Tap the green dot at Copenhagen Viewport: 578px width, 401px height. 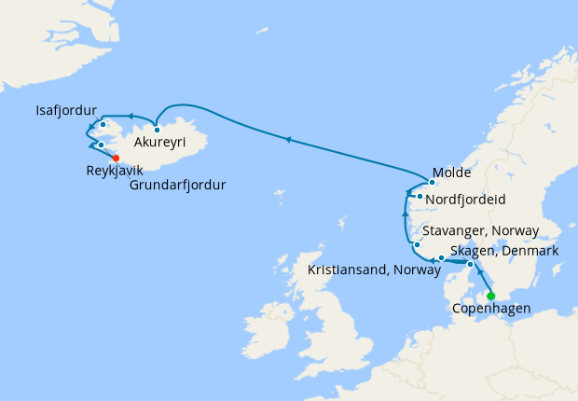coord(491,297)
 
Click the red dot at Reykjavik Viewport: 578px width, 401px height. coord(116,158)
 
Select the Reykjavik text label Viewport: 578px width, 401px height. coord(115,172)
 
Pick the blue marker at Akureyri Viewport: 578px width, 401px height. coord(158,130)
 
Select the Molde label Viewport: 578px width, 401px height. coord(452,173)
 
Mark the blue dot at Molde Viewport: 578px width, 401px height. coord(432,183)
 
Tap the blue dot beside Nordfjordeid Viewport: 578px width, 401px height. coord(420,197)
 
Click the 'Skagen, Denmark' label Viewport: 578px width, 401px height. coord(503,251)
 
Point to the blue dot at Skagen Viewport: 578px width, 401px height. coord(470,265)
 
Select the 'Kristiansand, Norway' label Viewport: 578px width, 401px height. coord(373,270)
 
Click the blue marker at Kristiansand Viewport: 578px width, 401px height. coord(441,257)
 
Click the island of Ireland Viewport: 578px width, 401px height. coord(273,326)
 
